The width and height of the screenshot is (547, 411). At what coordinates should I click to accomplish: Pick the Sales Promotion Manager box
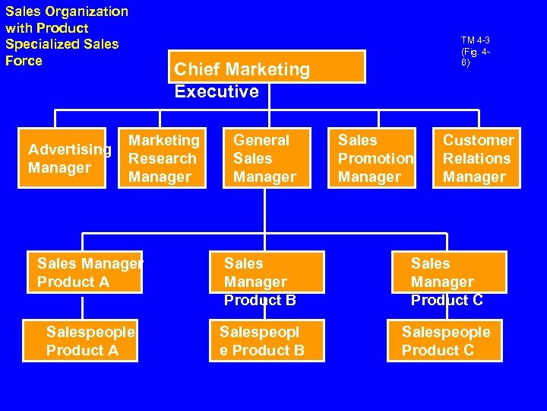375,158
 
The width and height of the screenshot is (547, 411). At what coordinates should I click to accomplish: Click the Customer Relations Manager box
478,158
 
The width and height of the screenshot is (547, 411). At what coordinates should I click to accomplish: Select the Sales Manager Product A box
82,272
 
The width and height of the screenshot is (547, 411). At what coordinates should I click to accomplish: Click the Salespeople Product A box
81,340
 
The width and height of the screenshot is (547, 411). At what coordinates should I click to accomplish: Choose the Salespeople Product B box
267,340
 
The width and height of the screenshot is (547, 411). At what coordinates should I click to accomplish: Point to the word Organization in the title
87,11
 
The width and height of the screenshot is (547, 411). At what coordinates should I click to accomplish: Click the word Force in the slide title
24,61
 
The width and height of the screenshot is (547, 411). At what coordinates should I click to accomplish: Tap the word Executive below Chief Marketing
217,91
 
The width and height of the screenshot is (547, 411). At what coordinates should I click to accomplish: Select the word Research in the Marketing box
163,158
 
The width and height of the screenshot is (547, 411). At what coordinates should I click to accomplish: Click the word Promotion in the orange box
375,158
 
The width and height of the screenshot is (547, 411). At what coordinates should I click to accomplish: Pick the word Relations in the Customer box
477,158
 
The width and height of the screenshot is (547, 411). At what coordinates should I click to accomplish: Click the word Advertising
70,149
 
